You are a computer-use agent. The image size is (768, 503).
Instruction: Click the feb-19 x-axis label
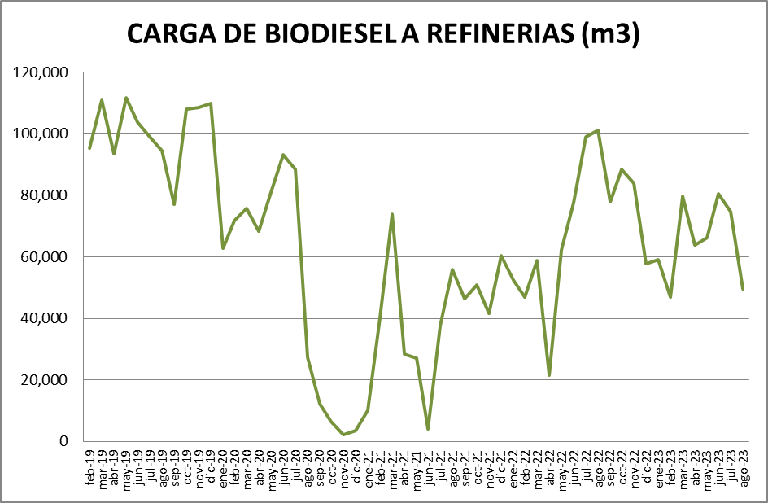pos(89,467)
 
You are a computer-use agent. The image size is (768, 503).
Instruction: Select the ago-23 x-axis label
pos(743,467)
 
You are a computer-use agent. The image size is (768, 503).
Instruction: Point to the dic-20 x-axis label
pos(356,467)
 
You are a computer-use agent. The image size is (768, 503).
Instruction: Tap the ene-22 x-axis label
pos(513,467)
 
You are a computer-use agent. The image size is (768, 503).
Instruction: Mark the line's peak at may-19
pos(126,98)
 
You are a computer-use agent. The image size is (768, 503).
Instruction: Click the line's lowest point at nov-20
pos(343,435)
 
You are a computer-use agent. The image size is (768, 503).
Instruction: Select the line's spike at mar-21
pos(392,214)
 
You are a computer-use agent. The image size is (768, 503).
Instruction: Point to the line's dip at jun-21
pos(428,429)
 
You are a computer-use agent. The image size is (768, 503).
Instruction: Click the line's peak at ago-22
pos(598,130)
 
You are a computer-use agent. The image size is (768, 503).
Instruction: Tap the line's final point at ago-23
pos(743,289)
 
